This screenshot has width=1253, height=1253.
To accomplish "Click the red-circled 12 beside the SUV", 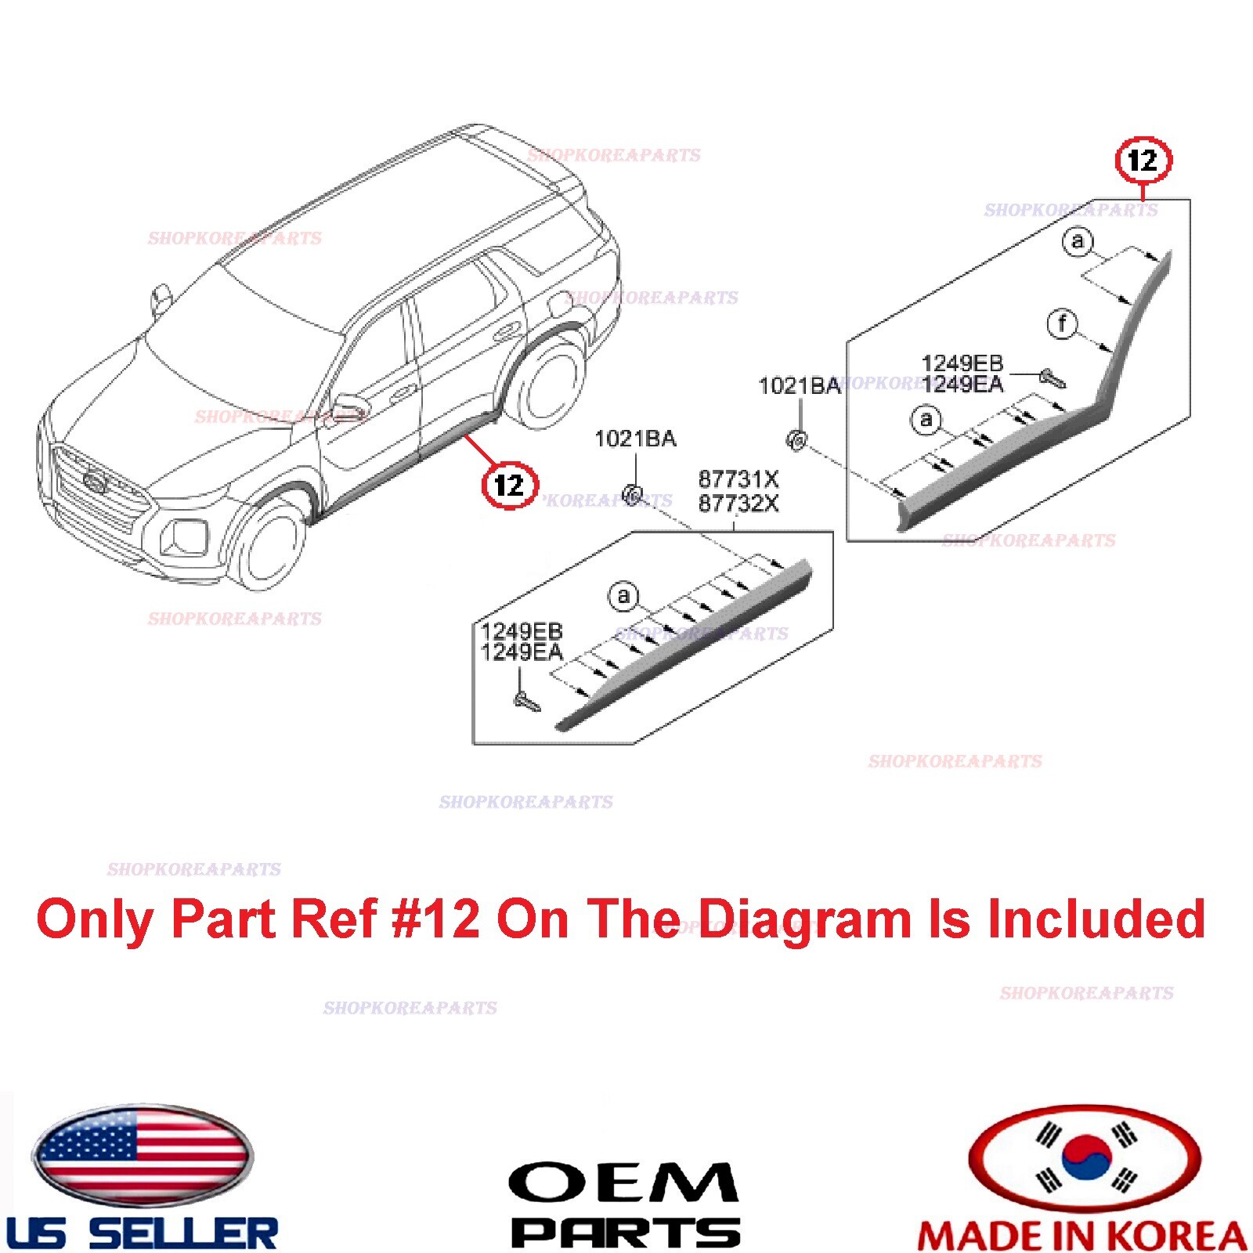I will [510, 485].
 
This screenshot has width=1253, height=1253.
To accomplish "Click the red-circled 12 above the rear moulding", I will [1143, 161].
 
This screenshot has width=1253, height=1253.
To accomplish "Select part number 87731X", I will [738, 478].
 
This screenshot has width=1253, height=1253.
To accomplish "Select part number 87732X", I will [738, 503].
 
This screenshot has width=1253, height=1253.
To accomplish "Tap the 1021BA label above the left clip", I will [635, 439].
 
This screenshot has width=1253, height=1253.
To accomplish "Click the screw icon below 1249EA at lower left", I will [526, 701].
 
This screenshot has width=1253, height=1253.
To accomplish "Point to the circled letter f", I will [1062, 323].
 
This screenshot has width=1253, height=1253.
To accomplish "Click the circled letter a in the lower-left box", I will [623, 597].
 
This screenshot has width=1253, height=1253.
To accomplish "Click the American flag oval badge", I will [142, 1155].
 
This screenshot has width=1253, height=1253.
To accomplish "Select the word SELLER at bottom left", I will [183, 1234].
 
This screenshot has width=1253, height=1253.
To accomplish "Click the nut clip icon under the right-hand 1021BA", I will [796, 440].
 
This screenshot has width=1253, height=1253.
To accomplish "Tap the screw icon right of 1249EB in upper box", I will [1052, 379].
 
